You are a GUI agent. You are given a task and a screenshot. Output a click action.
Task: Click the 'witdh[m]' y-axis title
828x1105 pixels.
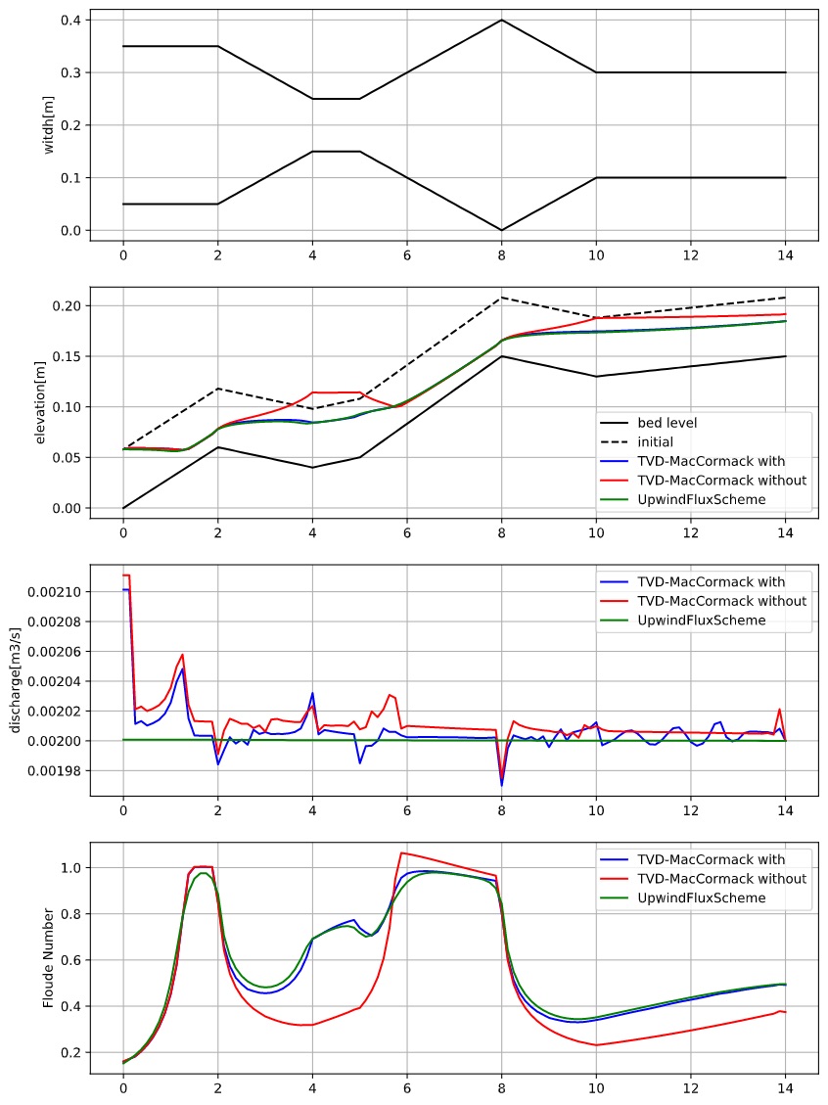49,125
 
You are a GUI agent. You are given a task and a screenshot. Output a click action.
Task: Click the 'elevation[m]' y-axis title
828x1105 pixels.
41,402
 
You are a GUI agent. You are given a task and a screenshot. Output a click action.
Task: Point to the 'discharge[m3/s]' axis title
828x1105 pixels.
15,680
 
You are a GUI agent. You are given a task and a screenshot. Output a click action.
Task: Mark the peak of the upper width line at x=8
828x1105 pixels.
501,20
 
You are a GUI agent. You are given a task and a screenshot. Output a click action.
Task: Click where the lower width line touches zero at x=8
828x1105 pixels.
501,230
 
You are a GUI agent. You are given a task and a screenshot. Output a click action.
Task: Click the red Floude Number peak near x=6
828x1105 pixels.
401,852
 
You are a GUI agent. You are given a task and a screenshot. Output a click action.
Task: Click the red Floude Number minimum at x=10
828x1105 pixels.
596,1045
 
